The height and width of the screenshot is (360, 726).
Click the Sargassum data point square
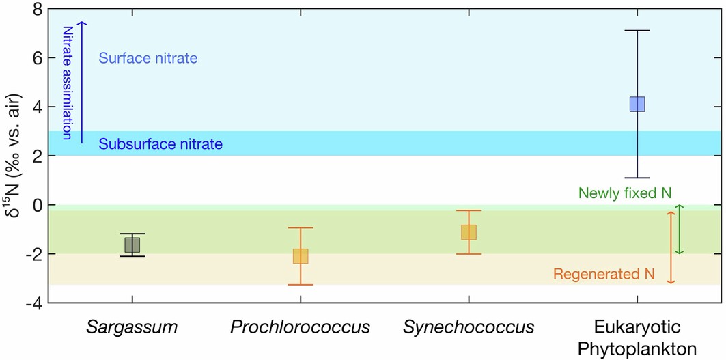click(x=132, y=245)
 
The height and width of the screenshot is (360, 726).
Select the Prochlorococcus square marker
click(x=301, y=256)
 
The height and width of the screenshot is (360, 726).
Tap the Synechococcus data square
click(x=469, y=232)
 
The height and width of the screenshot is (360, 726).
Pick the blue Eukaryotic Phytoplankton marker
click(x=637, y=104)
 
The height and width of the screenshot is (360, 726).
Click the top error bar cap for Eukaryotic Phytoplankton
click(x=637, y=31)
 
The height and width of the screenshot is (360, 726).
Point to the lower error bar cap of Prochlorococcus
click(x=301, y=285)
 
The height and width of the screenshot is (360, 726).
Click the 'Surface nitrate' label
click(x=148, y=59)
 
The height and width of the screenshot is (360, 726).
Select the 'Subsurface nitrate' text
click(x=160, y=144)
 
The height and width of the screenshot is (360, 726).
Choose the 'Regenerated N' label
click(x=604, y=275)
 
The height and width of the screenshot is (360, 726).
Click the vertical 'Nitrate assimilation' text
click(x=67, y=82)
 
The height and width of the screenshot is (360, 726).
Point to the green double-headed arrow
click(x=679, y=230)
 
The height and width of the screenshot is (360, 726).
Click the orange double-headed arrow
click(x=671, y=247)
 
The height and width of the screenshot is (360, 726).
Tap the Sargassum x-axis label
click(x=132, y=327)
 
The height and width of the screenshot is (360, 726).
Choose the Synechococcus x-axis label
click(x=469, y=327)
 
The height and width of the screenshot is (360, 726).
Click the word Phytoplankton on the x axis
click(x=637, y=348)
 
